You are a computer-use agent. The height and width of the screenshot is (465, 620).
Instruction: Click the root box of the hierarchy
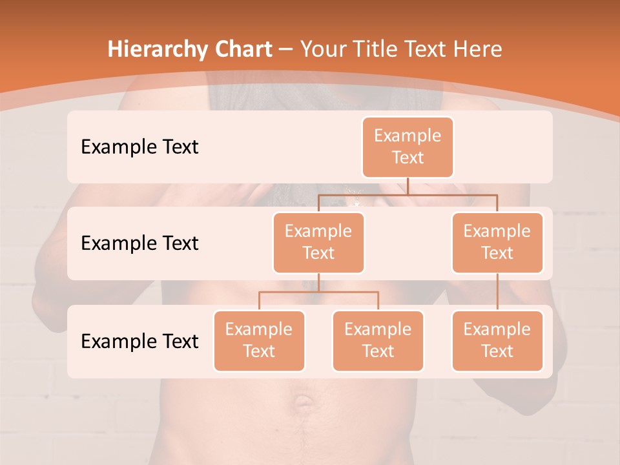[408, 147]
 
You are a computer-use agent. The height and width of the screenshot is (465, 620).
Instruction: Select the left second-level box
[318, 242]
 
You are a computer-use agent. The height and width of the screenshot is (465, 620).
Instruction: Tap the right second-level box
[497, 242]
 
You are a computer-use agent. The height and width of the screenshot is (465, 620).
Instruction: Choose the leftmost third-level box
[259, 340]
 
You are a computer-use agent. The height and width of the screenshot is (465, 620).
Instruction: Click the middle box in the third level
[378, 340]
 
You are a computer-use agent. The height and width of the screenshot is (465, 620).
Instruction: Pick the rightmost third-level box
[497, 340]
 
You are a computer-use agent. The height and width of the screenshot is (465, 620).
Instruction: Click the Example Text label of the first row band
[139, 147]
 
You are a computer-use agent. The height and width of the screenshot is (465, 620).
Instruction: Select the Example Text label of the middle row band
[139, 243]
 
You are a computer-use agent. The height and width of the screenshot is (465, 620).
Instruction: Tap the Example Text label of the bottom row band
[139, 341]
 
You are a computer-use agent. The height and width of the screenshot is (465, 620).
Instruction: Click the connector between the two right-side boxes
[497, 291]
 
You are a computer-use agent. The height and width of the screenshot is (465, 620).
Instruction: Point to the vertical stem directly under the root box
[408, 186]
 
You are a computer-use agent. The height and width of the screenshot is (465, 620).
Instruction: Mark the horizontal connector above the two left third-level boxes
[318, 292]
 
